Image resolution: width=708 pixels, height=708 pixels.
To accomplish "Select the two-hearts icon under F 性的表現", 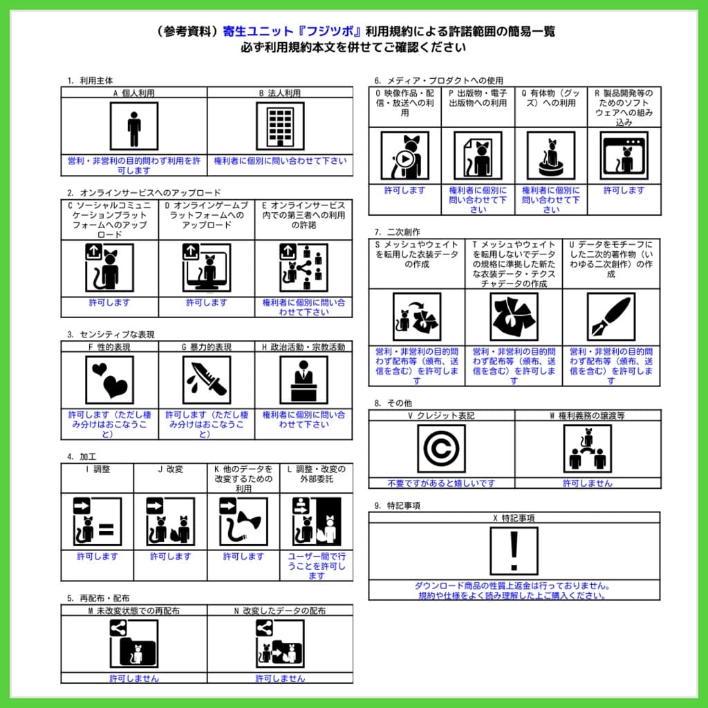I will point(110,380).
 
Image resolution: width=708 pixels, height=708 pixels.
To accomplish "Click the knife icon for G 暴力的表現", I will point(206,380).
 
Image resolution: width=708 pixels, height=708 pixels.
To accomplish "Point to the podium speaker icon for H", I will point(304,380).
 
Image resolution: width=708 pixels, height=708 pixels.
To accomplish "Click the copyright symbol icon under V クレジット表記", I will point(441,449).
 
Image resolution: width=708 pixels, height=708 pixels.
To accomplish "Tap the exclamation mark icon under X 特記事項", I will point(514,551).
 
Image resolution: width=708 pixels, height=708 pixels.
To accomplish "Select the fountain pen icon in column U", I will point(611,317).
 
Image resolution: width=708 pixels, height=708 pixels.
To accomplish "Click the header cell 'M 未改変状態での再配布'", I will point(134,611).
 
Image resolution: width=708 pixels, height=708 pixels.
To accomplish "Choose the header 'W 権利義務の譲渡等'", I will point(587,416).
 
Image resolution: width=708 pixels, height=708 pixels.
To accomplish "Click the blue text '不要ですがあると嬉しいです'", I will point(441,483).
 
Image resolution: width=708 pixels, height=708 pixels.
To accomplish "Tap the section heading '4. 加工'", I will point(81,456).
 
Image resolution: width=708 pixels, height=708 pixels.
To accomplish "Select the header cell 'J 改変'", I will point(170,469).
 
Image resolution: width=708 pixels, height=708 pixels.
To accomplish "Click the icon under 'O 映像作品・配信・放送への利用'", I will point(404,156).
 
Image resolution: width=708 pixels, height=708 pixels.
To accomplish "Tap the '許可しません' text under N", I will point(279,678).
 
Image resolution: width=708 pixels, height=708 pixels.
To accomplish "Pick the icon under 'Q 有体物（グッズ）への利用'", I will point(551,156).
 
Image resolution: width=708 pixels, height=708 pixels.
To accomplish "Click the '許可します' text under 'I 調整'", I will point(97,557).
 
